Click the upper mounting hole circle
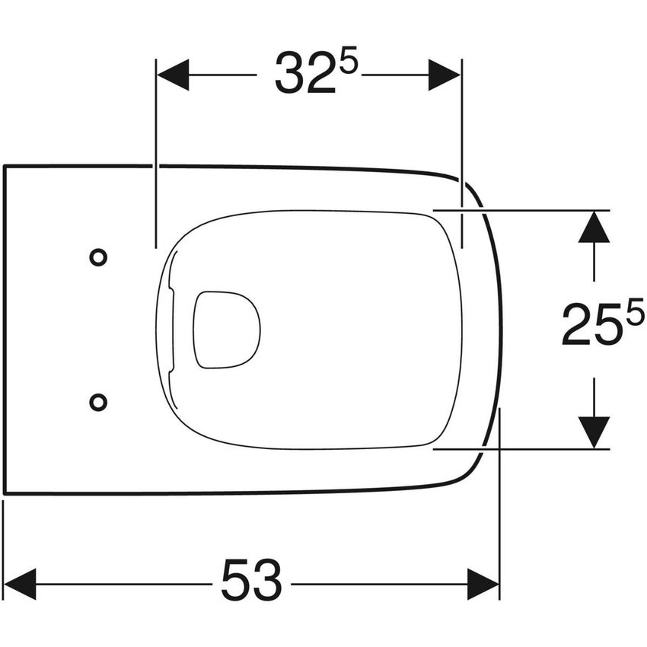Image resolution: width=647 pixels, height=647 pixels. [x=98, y=257]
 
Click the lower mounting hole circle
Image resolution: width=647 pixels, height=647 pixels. [x=98, y=401]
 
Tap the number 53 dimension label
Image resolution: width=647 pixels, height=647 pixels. [x=251, y=580]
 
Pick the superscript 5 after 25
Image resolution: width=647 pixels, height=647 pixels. [x=635, y=313]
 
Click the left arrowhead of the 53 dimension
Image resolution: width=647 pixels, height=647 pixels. [x=20, y=584]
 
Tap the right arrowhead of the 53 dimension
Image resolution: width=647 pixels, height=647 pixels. [x=483, y=584]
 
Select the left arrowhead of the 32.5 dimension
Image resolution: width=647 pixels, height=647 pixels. [x=172, y=75]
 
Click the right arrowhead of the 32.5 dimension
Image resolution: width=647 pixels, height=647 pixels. [x=445, y=75]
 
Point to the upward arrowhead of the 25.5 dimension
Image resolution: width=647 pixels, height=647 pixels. [x=594, y=227]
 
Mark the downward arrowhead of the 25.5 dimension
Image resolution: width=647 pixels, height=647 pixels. [x=594, y=432]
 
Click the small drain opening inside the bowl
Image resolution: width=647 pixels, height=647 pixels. [x=226, y=330]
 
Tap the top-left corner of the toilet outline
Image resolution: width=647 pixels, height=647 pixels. [x=5, y=166]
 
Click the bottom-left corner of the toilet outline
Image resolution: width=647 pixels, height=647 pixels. [x=5, y=493]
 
